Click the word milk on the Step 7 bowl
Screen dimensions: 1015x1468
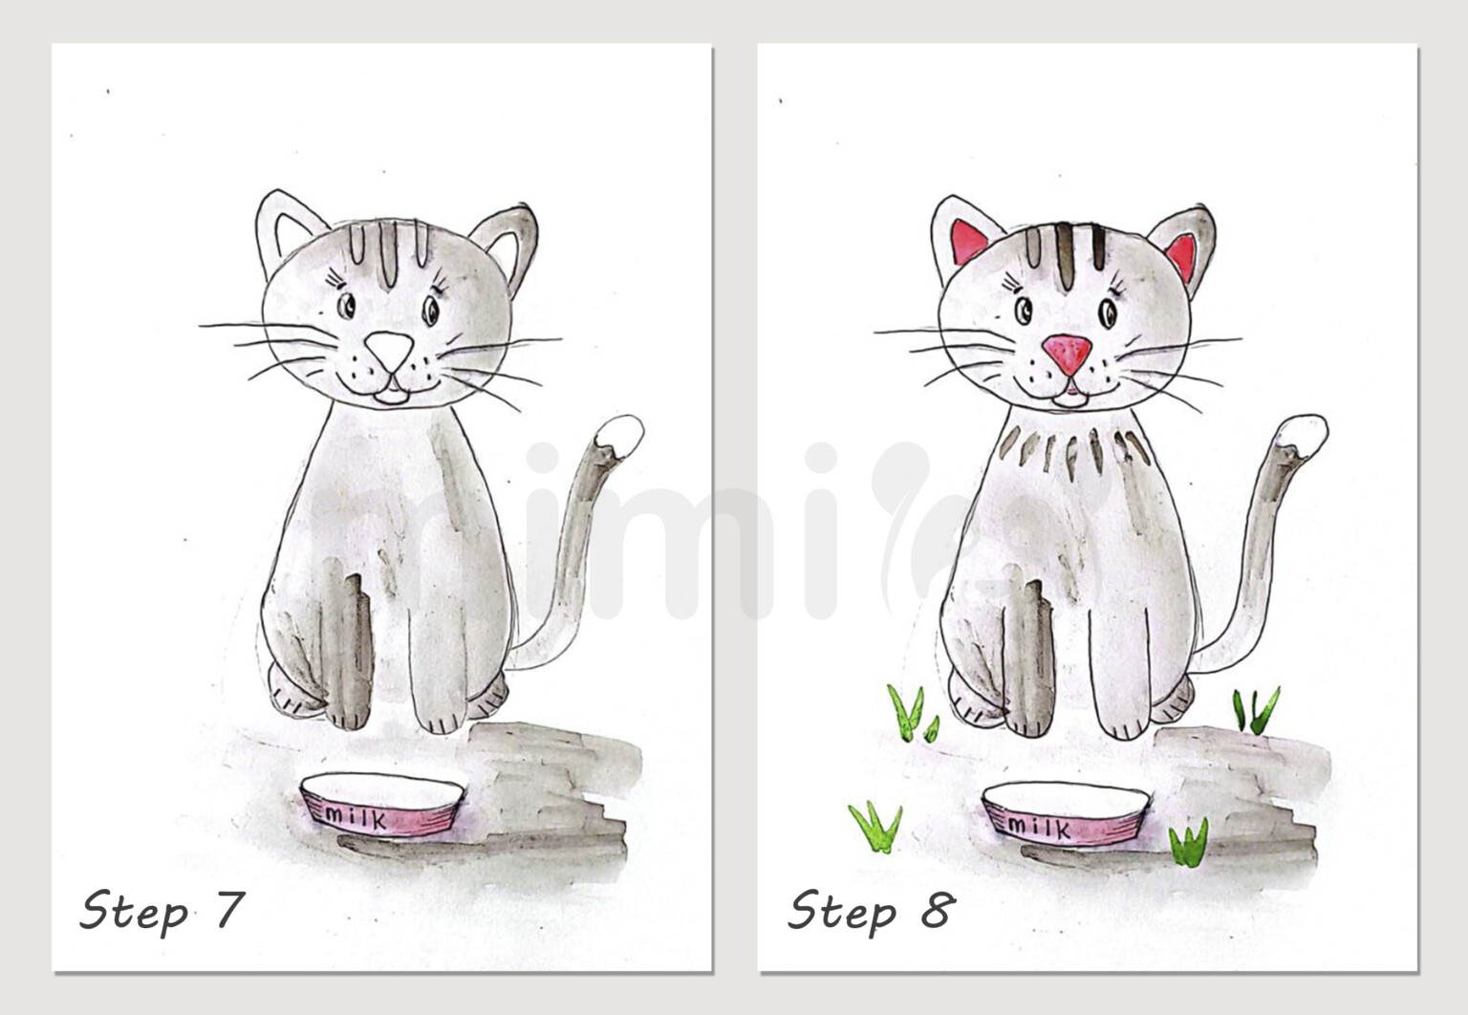pyautogui.click(x=356, y=818)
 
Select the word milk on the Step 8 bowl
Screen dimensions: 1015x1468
pyautogui.click(x=1039, y=825)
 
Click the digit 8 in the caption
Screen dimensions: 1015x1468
pyautogui.click(x=937, y=910)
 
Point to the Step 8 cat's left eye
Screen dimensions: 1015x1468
pyautogui.click(x=1024, y=310)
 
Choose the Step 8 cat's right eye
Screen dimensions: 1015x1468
pyautogui.click(x=1109, y=313)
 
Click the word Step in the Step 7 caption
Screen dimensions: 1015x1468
pyautogui.click(x=134, y=912)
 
